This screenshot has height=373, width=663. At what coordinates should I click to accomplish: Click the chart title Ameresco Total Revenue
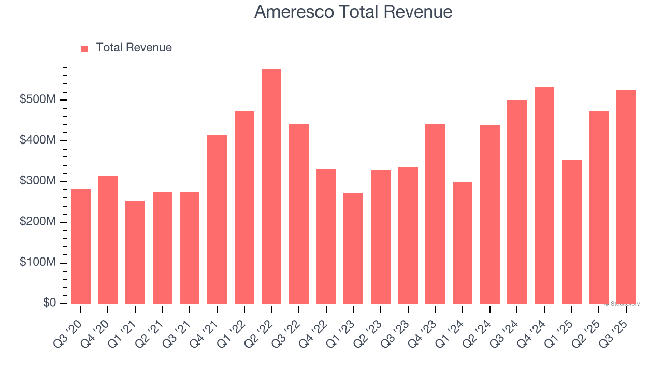(353, 12)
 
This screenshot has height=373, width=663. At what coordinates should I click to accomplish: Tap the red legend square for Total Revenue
(85, 48)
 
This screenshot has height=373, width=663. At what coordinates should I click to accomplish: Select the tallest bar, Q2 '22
(271, 186)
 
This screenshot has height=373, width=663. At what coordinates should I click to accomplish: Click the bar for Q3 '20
(81, 246)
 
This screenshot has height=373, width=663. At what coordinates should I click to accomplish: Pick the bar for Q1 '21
(135, 252)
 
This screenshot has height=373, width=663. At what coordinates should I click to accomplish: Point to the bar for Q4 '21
(217, 219)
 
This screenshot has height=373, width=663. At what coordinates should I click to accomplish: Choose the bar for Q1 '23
(353, 248)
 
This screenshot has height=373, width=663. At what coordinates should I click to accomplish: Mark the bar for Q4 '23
(435, 214)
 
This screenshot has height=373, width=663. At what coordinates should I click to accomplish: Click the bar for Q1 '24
(463, 243)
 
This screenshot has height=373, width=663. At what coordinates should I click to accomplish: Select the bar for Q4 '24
(544, 195)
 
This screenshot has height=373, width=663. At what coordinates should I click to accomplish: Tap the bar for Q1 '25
(572, 232)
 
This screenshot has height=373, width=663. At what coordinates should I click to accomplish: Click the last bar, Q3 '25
(626, 196)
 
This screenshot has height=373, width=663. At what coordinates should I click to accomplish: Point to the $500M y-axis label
(37, 99)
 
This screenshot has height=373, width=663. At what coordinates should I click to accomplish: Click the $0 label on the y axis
(49, 303)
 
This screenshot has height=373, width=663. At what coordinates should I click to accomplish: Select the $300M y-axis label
(37, 181)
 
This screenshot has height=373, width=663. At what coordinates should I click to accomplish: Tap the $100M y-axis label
(37, 263)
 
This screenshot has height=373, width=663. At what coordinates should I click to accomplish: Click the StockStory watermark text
(622, 304)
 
